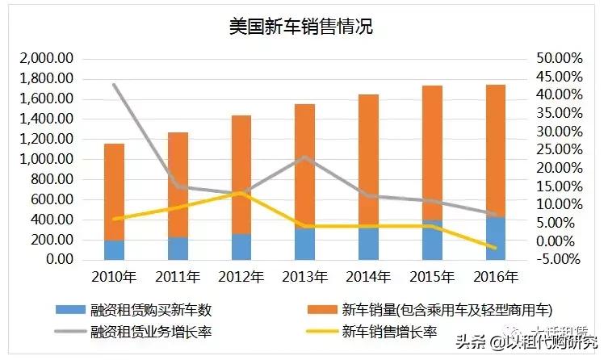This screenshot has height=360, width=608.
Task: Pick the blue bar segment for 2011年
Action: pyautogui.click(x=178, y=248)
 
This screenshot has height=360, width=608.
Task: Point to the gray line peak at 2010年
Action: pyautogui.click(x=114, y=84)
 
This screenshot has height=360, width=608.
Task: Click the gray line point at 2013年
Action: pyautogui.click(x=304, y=157)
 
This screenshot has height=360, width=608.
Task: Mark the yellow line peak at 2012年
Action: pyautogui.click(x=241, y=192)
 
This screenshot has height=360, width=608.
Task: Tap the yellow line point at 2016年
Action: pyautogui.click(x=495, y=248)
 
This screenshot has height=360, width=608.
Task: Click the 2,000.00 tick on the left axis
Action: pyautogui.click(x=46, y=59)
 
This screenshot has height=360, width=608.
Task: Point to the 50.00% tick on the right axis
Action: pyautogui.click(x=556, y=59)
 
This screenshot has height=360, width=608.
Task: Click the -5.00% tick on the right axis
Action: pyautogui.click(x=556, y=259)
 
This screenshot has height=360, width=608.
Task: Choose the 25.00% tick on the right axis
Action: pyautogui.click(x=556, y=150)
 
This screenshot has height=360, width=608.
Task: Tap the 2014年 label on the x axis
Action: pyautogui.click(x=368, y=277)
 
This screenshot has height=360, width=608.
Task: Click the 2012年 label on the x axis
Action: pyautogui.click(x=241, y=277)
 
